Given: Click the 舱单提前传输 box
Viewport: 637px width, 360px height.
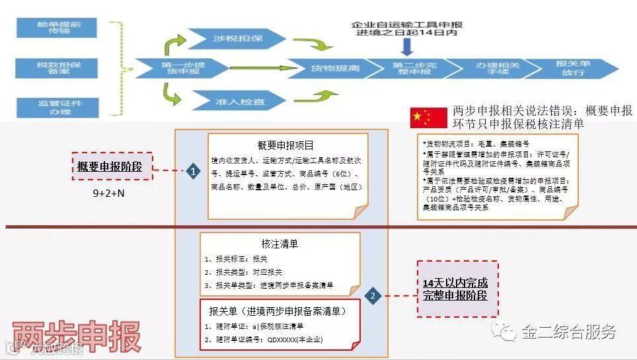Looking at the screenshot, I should click(x=59, y=28).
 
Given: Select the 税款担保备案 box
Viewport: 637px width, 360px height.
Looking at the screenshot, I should click(x=59, y=69).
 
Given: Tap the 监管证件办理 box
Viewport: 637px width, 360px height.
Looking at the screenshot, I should click(x=59, y=108).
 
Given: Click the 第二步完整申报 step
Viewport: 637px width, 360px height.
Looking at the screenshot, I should click(x=410, y=68).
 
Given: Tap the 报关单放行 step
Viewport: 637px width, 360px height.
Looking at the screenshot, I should click(x=572, y=68).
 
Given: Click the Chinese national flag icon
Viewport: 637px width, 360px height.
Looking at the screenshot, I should click(x=420, y=118).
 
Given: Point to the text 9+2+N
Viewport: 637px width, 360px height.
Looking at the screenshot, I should click(x=109, y=195).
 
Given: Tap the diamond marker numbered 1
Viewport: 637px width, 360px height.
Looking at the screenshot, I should click(x=192, y=172).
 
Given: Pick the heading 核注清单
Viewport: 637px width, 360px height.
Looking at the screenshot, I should click(x=280, y=244).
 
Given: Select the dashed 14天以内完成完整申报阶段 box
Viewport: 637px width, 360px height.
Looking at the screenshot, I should click(x=457, y=289).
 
